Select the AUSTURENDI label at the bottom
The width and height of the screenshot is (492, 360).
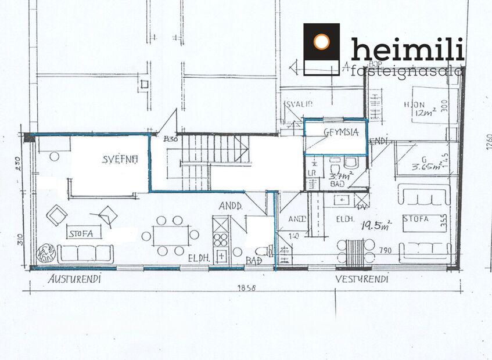click(x=74, y=279)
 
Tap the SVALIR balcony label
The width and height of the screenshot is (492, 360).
click(x=299, y=104)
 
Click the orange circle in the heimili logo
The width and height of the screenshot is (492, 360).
click(x=321, y=42)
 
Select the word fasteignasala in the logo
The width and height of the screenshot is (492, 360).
click(x=407, y=71)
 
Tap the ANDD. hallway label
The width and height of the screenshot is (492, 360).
click(x=231, y=206)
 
